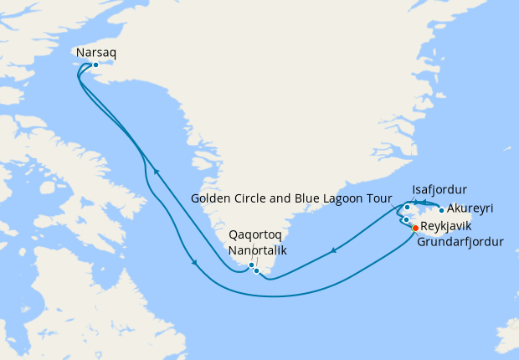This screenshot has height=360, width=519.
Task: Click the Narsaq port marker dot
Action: point(95,64)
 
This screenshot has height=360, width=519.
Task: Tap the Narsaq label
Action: point(95,52)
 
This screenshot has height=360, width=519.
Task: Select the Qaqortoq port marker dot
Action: point(251,265)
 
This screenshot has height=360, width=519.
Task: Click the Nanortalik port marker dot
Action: point(257,270)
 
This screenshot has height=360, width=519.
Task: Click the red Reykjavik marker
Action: point(415,227)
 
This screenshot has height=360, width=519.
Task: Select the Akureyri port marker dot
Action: point(441,210)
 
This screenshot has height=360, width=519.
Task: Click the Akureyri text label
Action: point(470,208)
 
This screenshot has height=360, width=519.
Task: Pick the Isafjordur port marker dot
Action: point(408,207)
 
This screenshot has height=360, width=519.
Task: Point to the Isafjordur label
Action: point(439,189)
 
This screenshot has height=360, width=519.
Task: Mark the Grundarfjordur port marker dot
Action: point(406,220)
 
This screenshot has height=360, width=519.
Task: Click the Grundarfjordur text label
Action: point(460,243)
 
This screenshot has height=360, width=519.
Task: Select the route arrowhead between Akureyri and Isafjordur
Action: point(424,203)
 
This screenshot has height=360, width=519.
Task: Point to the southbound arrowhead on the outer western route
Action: point(195,264)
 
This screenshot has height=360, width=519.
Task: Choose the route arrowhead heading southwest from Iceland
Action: point(334,249)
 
